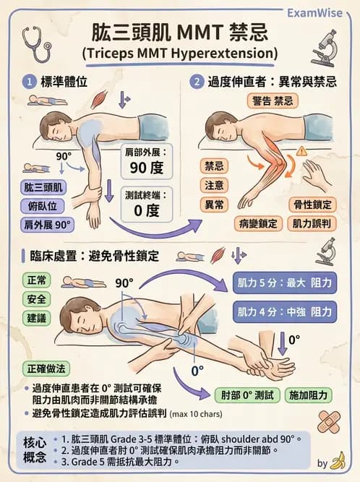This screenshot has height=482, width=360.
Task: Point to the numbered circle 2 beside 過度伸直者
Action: coord(196,82)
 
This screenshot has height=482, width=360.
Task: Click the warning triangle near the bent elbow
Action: coord(301,150)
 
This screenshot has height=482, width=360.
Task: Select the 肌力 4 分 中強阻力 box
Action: coord(286,311)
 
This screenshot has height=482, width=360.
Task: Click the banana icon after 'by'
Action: coord(338,461)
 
